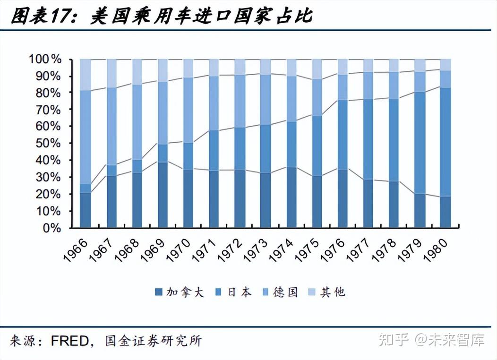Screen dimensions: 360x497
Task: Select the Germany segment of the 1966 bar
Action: click(86, 137)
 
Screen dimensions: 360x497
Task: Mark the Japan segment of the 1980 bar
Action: click(446, 142)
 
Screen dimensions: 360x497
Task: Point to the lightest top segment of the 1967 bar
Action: click(111, 73)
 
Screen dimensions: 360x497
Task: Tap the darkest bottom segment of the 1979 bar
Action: click(420, 211)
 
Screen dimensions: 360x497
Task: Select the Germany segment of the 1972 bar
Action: click(240, 101)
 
